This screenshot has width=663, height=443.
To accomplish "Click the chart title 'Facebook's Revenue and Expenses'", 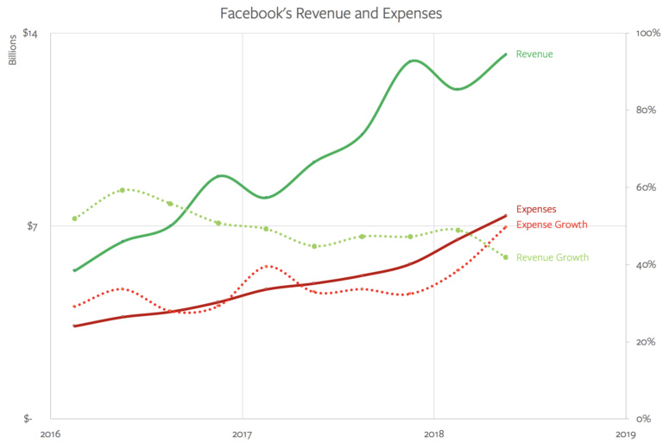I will coord(331,14).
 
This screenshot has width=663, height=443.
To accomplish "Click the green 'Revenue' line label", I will coord(534,54).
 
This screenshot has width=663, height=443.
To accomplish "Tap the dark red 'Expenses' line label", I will coord(536,209).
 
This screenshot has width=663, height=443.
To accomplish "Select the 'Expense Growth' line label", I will coord(552,225).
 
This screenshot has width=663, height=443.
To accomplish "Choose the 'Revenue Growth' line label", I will coord(552,257).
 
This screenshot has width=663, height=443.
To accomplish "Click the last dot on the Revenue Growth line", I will coord(506,257).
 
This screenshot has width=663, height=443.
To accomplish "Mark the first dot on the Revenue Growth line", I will coord(75,218).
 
